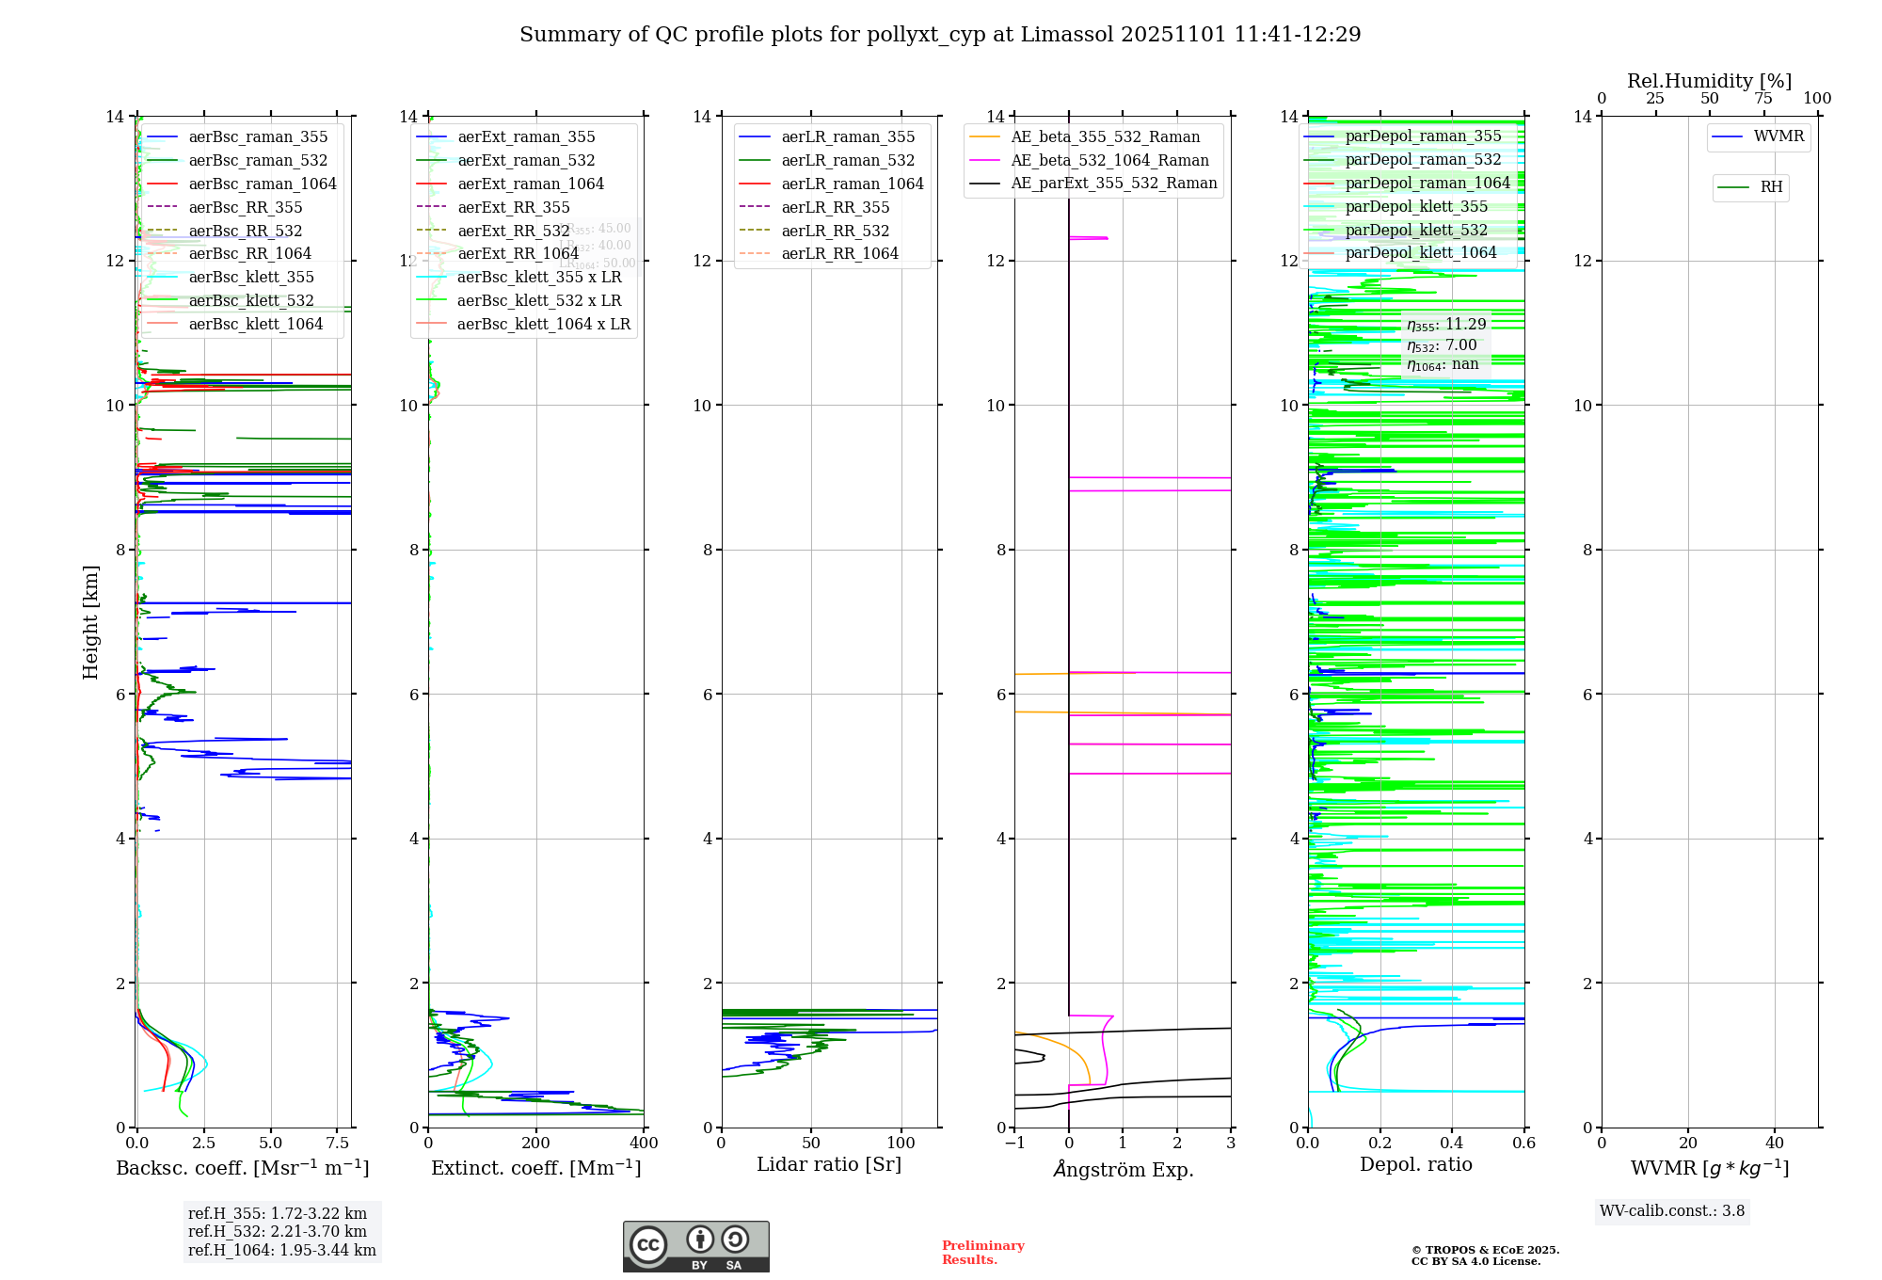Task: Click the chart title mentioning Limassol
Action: point(940,35)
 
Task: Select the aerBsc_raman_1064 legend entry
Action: point(262,184)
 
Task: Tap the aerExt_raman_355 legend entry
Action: point(526,137)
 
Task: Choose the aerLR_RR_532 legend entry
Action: point(835,231)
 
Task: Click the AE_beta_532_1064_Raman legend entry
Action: point(1109,160)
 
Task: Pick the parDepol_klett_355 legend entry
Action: point(1416,206)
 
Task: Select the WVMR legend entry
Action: point(1778,136)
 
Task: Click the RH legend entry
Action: point(1771,187)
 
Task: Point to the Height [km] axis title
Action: point(90,621)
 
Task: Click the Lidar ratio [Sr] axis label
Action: point(828,1164)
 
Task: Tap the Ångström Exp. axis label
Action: point(1123,1169)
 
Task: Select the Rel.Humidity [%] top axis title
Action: point(1709,81)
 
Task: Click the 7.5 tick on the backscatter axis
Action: point(338,1144)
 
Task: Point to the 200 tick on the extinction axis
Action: point(535,1144)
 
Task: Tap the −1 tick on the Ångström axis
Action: point(1014,1144)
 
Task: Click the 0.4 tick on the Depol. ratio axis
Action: point(1452,1144)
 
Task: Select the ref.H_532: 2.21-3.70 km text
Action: point(277,1231)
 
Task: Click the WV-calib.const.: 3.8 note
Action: point(1671,1211)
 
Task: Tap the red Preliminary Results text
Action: point(982,1253)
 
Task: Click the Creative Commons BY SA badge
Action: point(695,1247)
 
